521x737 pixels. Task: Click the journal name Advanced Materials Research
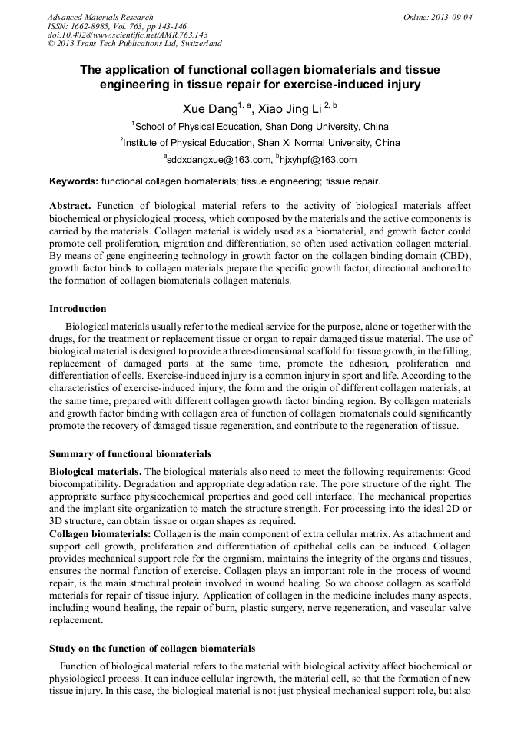(100, 17)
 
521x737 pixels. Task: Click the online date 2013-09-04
(453, 17)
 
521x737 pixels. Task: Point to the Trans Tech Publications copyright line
(134, 45)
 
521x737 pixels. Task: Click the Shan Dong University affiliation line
(260, 127)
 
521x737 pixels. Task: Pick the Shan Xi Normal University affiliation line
(260, 143)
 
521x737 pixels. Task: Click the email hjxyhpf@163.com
(316, 160)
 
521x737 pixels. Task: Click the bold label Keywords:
(74, 181)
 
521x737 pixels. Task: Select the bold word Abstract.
(70, 207)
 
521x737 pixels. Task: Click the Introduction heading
(78, 309)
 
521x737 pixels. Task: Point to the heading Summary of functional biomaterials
(130, 454)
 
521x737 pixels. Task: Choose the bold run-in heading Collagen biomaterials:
(100, 533)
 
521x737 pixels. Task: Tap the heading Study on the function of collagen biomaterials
(152, 649)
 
